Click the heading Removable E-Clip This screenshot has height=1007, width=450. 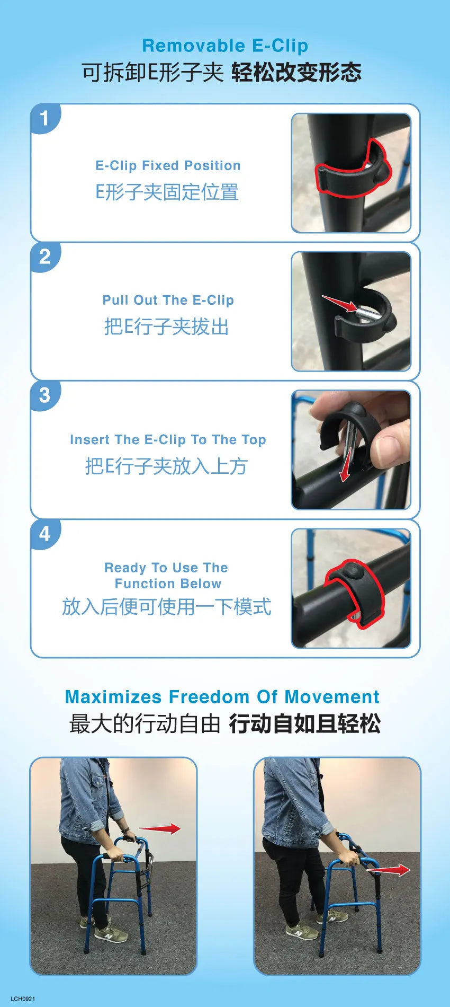[225, 46]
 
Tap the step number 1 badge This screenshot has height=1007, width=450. [44, 118]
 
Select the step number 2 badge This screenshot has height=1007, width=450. [44, 257]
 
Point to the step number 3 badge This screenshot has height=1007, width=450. [44, 395]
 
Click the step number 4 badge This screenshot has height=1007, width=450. [44, 534]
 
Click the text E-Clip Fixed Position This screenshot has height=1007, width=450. [168, 165]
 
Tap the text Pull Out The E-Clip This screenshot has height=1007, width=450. [168, 300]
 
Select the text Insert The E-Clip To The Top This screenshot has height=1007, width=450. [168, 439]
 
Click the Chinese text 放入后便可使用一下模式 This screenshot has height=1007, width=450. [167, 606]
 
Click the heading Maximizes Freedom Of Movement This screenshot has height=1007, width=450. [222, 696]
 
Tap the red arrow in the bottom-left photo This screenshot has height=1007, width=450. [159, 829]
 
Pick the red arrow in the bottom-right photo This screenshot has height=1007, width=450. [389, 870]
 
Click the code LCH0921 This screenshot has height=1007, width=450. [23, 999]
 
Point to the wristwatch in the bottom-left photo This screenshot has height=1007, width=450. [125, 831]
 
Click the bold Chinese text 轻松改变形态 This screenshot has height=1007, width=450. [296, 73]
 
